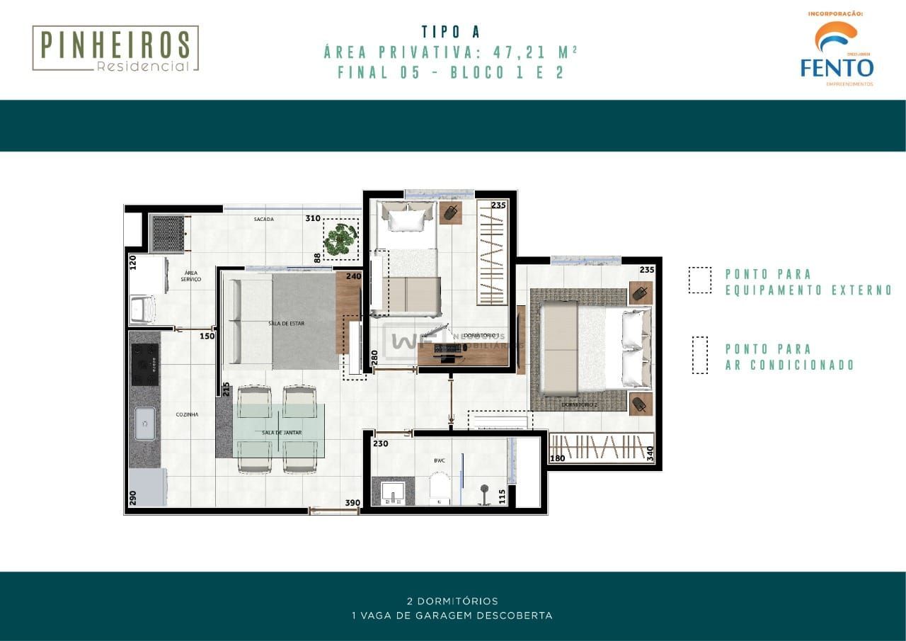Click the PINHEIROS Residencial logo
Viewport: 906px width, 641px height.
tap(115, 48)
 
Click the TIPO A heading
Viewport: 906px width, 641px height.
tap(451, 32)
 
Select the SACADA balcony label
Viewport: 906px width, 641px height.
tap(263, 220)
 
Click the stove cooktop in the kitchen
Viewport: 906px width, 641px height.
tap(145, 364)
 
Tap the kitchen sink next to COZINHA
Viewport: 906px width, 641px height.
tap(144, 423)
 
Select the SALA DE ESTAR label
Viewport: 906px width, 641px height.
tap(286, 324)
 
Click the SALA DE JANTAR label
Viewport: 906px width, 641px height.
tap(280, 432)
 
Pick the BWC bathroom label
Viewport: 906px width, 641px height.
tap(440, 460)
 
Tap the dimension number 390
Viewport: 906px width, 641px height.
tap(352, 503)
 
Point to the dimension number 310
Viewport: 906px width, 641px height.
tap(313, 219)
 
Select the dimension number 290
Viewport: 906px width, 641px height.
tap(132, 498)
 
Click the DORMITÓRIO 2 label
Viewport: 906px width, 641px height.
tap(580, 405)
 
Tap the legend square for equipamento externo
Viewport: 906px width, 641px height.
tap(699, 280)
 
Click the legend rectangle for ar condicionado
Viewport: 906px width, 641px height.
tap(699, 356)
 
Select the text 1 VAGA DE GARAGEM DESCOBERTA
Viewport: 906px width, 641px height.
tap(452, 616)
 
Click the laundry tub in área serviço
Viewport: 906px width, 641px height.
tap(144, 309)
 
